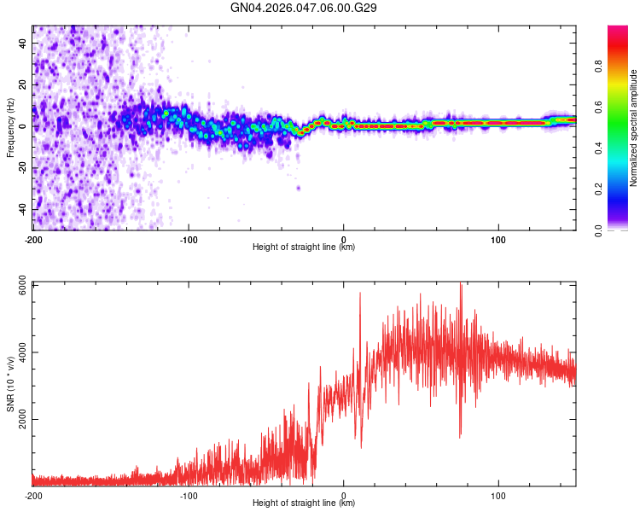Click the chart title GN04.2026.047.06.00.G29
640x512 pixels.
point(304,8)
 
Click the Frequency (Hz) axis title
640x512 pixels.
point(10,128)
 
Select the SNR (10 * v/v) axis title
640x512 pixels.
point(10,384)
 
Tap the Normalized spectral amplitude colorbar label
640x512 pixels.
point(633,128)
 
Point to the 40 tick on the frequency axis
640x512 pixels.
point(24,43)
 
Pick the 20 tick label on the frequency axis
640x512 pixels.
point(24,84)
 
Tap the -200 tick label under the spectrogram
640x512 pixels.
point(33,239)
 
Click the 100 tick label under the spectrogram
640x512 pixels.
point(498,239)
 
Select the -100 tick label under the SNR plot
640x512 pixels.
point(189,495)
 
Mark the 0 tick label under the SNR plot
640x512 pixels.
point(344,495)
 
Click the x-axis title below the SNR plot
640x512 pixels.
point(304,503)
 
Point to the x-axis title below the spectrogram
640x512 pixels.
point(304,247)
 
